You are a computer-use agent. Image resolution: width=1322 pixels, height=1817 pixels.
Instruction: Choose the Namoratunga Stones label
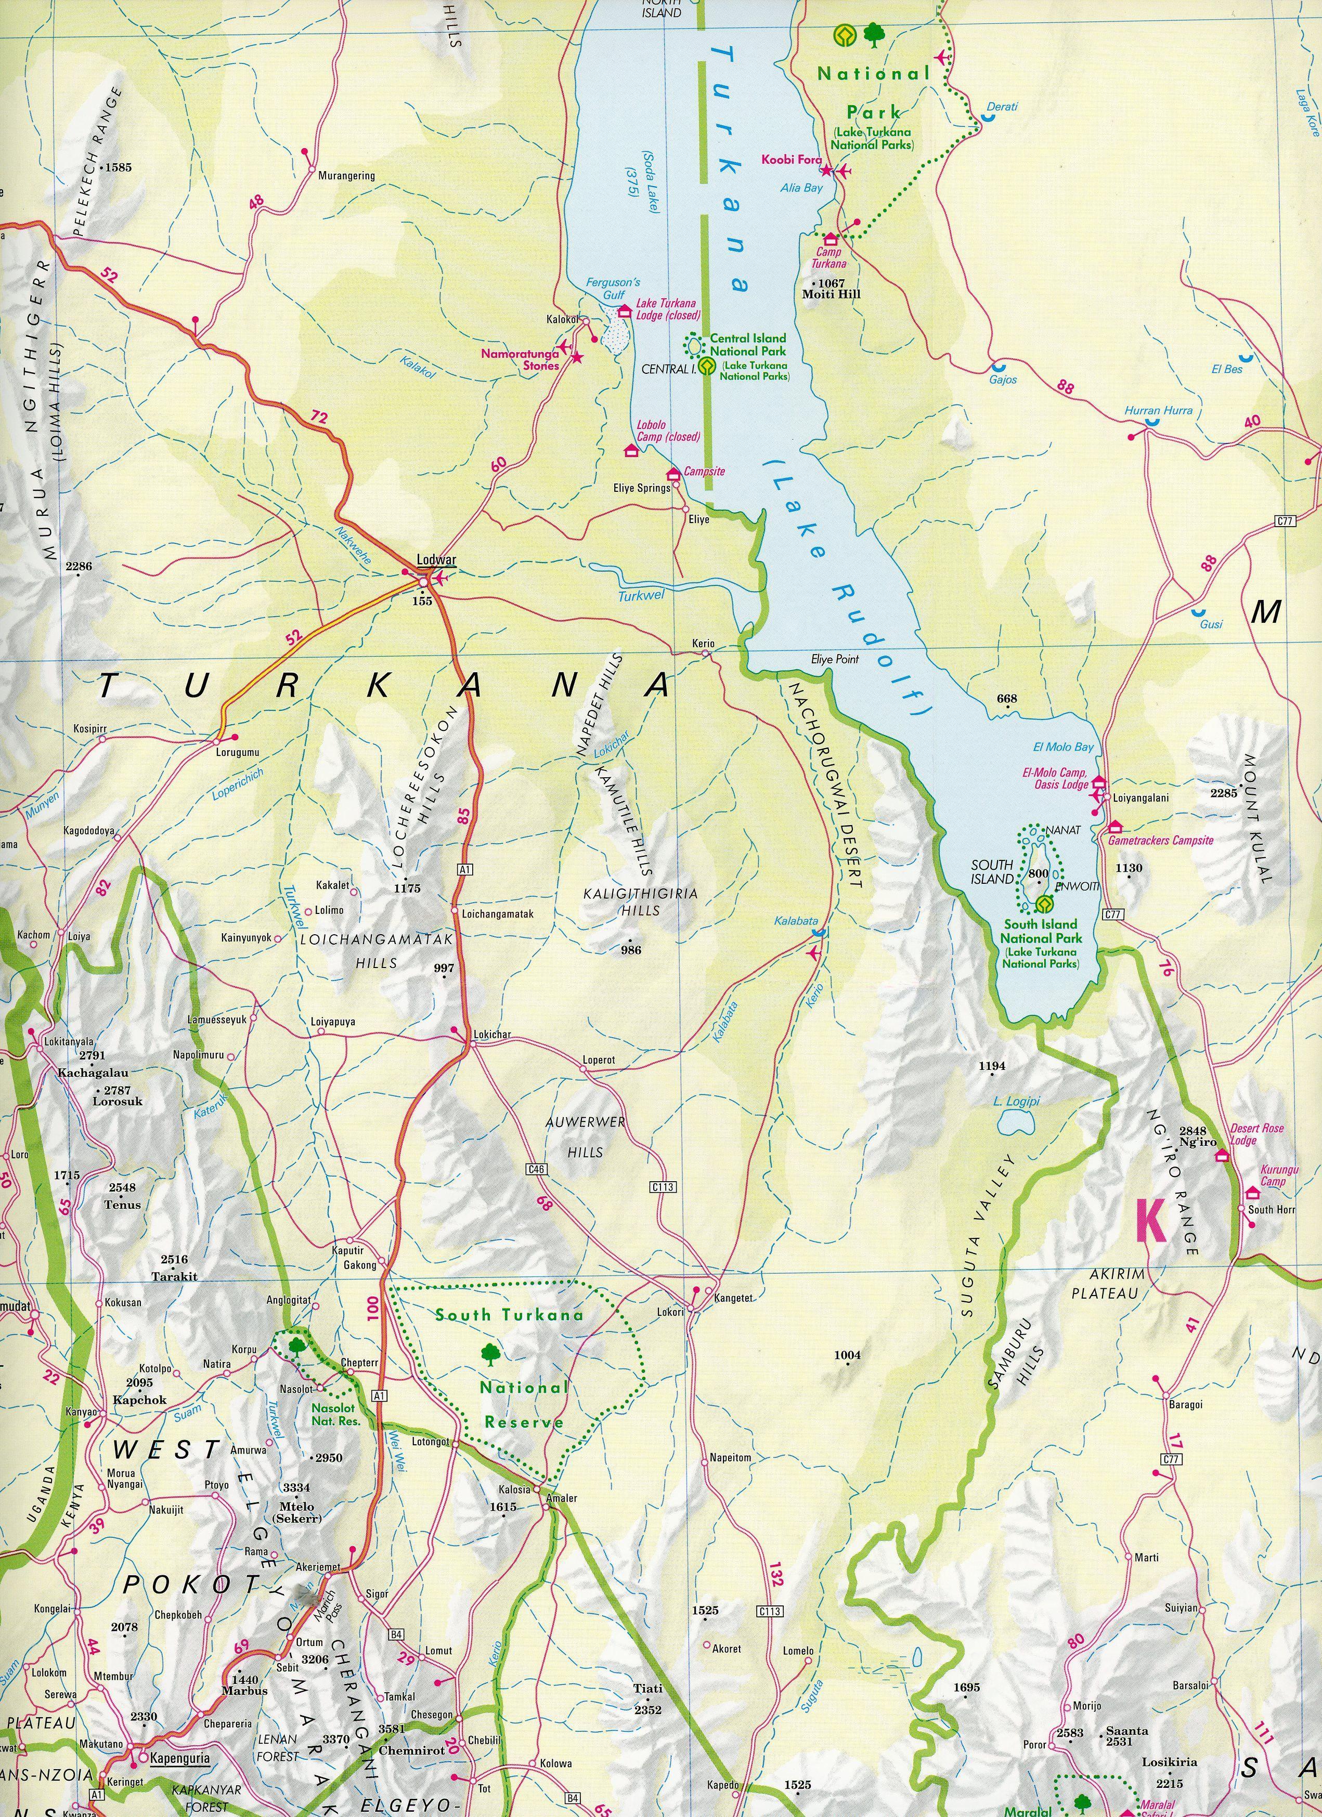click(x=519, y=359)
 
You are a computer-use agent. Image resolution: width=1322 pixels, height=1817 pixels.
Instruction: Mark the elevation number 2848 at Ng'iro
click(x=1192, y=1131)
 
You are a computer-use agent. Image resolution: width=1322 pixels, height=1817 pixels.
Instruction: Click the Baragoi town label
click(x=1186, y=1404)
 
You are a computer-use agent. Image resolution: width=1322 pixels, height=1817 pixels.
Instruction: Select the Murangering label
click(x=346, y=175)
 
